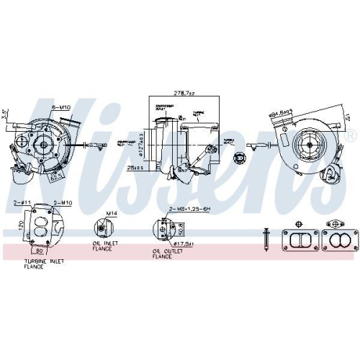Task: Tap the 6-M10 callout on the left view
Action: [63, 107]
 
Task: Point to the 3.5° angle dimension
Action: [5, 113]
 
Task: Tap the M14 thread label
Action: [111, 214]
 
